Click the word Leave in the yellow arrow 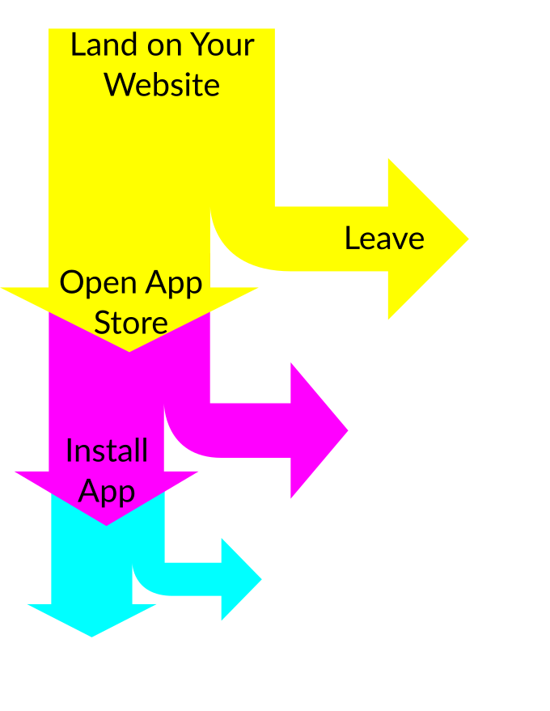click(384, 239)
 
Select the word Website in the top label click(163, 84)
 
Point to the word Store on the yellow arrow click(131, 323)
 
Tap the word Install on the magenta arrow click(107, 451)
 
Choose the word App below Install click(107, 491)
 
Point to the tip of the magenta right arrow click(343, 430)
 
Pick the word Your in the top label click(221, 44)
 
